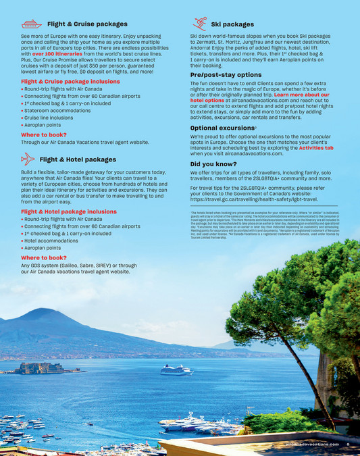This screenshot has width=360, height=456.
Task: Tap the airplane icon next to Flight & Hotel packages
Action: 28,159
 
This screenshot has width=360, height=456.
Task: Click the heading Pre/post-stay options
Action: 226,74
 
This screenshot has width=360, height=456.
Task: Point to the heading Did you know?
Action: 213,163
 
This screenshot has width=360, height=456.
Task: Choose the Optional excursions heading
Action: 222,128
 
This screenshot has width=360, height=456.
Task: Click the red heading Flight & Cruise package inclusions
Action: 70,81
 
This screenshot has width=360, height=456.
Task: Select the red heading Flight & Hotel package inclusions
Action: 69,211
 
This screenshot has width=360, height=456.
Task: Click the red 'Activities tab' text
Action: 315,148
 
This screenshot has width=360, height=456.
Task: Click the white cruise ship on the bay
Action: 177,370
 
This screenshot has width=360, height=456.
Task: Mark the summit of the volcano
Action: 42,311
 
